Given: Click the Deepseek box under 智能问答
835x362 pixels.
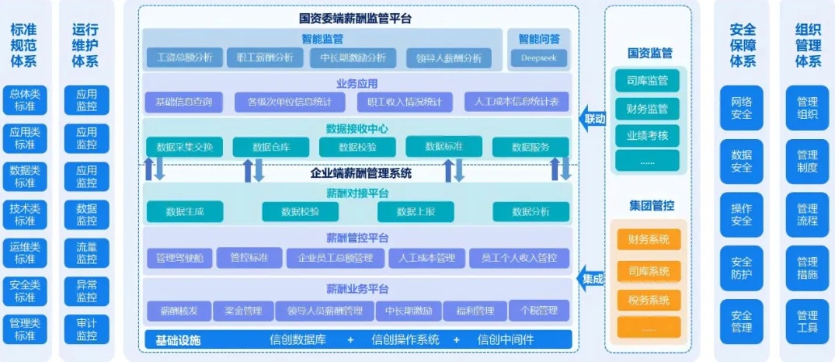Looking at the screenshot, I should click(x=539, y=57).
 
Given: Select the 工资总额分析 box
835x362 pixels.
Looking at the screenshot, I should click(x=185, y=57).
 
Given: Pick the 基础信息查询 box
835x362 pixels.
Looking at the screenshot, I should click(x=183, y=102).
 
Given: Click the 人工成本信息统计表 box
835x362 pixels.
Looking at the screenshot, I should click(x=517, y=102).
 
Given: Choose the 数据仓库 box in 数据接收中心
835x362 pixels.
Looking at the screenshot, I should click(x=270, y=147).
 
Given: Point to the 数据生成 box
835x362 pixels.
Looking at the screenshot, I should click(x=184, y=211).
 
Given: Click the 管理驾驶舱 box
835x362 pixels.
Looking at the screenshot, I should click(x=179, y=258).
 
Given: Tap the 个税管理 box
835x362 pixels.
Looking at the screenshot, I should click(x=539, y=311).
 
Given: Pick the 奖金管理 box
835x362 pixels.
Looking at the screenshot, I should click(x=243, y=312).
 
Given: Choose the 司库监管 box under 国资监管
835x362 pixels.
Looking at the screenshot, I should click(x=647, y=80).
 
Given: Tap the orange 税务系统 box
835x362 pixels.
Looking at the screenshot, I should click(x=649, y=300).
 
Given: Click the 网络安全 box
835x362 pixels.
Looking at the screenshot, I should click(x=741, y=107).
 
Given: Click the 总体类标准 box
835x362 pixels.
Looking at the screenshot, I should click(x=24, y=100).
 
